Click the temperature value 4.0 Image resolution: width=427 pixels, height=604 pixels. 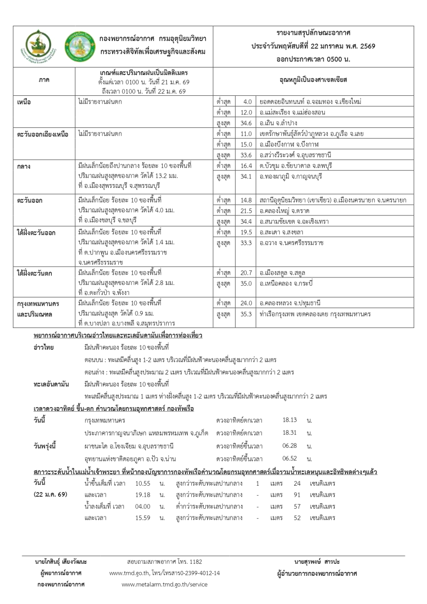(x=247, y=102)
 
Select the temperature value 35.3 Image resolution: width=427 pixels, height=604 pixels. (x=246, y=314)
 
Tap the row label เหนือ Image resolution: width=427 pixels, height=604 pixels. (x=24, y=102)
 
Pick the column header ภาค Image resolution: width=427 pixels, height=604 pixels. (x=44, y=80)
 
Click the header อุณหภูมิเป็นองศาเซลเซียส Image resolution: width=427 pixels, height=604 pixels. (x=313, y=80)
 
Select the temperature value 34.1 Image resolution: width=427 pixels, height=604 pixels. (x=246, y=176)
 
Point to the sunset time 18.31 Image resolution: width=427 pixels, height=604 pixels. (x=290, y=433)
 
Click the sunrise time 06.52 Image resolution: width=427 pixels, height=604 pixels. (x=290, y=458)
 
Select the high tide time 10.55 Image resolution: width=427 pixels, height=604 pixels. (x=143, y=484)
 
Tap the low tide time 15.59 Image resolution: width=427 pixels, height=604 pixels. (x=143, y=518)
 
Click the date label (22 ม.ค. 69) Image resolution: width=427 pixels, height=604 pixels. (x=50, y=495)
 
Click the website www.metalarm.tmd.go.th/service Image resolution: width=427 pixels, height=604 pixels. (x=164, y=584)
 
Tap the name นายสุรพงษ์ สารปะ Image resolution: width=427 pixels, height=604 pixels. (x=317, y=561)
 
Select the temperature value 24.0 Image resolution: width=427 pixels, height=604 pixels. (x=246, y=303)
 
